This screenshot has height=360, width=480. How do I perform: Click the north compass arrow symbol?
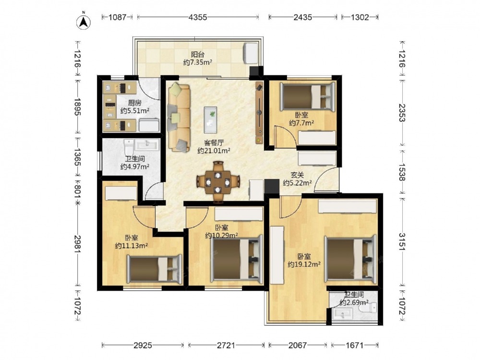(x=83, y=22)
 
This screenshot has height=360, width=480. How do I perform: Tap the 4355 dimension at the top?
(x=198, y=17)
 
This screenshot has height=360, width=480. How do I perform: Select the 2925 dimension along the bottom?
(x=143, y=345)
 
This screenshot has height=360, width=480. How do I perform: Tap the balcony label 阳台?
(x=198, y=55)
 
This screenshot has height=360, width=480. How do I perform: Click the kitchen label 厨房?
(x=135, y=103)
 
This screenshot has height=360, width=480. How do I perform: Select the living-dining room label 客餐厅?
(x=214, y=143)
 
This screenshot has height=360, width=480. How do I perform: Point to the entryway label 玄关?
(x=297, y=175)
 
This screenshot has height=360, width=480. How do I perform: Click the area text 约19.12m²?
(x=304, y=264)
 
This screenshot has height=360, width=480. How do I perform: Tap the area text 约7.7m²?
(x=302, y=123)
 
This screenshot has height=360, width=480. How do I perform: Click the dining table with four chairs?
(x=218, y=181)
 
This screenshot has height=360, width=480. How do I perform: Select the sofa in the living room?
(x=179, y=117)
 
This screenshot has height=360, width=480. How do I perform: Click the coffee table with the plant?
(x=211, y=120)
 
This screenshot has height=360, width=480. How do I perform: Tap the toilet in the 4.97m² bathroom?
(x=129, y=147)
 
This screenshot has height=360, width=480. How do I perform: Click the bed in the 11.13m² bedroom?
(x=155, y=269)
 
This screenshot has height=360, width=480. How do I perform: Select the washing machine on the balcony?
(x=251, y=53)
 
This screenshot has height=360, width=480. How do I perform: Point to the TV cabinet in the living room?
(x=259, y=113)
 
